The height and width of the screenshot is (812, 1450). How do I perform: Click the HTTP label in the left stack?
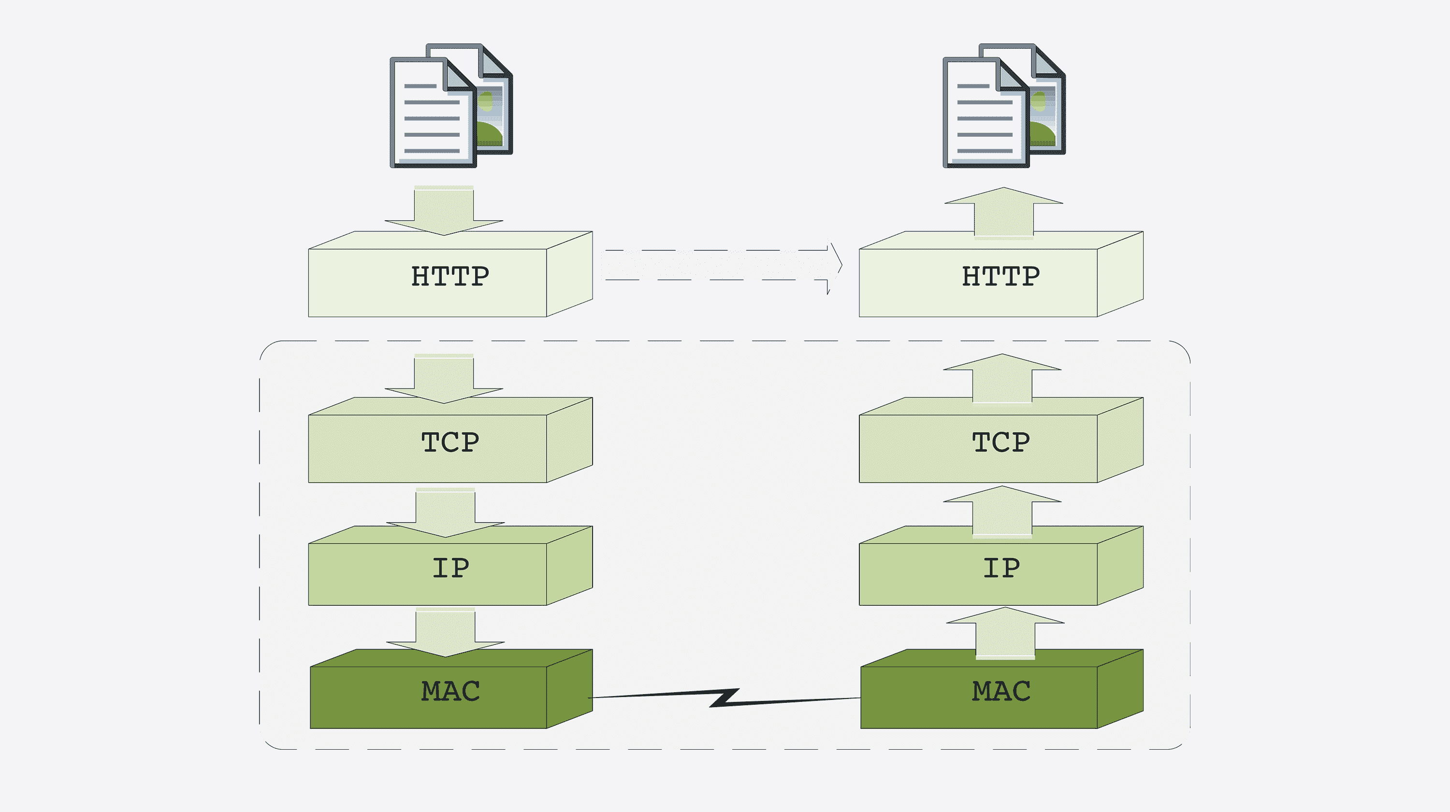point(450,276)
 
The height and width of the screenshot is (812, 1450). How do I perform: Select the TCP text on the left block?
point(450,442)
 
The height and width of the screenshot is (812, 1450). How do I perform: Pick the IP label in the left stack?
point(450,568)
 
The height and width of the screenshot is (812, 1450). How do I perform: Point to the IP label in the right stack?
point(1001,568)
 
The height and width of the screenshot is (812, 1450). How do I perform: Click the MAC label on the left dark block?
point(450,691)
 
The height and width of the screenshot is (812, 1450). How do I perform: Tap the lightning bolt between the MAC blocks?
point(725,698)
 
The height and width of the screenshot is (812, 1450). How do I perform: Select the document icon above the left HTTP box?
point(451,106)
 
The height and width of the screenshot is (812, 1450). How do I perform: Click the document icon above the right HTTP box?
point(1003,106)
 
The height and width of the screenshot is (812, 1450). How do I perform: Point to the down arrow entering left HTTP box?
point(444,211)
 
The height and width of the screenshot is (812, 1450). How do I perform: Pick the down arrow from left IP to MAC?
point(445,633)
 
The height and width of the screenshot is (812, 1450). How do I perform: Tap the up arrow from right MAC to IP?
point(1005,632)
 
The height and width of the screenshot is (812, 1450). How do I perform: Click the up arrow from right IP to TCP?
point(1002,511)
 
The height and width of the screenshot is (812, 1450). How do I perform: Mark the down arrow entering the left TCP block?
point(444,379)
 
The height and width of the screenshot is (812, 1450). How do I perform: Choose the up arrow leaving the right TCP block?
point(1002,378)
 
